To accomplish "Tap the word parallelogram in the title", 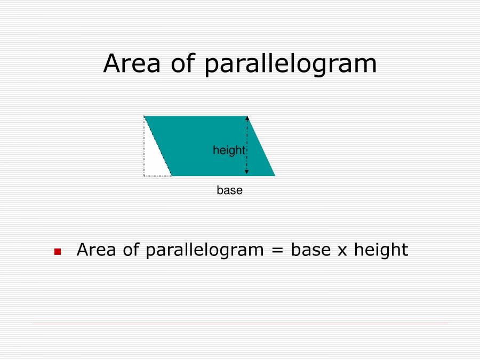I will pos(291,65).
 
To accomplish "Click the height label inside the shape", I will pos(228,150).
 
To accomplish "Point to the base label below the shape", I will pos(229,190).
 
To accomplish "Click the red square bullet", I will pos(58,251).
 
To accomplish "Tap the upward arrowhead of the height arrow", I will pos(246,118).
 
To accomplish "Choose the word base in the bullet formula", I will pos(310,250).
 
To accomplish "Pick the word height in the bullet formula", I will pos(381,250).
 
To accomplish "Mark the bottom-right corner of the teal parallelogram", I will pos(275,175).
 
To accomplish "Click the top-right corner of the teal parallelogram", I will pos(249,116).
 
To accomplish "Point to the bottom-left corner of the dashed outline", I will pos(144,175).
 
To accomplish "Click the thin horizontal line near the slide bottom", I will pos(240,324).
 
